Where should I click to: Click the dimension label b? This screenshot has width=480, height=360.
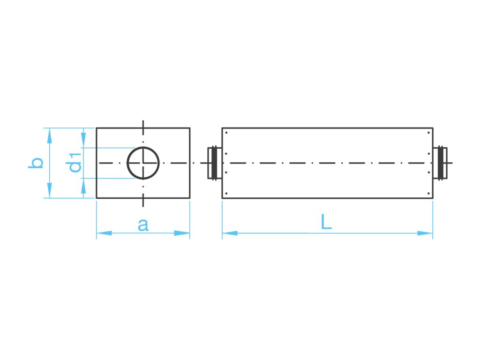click(36, 163)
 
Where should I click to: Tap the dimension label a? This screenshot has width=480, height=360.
click(143, 225)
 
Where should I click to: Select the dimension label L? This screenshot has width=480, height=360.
click(326, 222)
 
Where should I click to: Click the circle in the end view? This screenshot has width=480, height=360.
click(143, 163)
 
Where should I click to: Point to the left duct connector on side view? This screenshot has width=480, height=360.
click(213, 163)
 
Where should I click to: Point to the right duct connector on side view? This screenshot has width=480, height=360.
click(441, 163)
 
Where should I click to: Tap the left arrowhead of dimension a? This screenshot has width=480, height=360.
click(104, 233)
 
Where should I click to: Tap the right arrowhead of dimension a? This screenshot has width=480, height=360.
click(182, 233)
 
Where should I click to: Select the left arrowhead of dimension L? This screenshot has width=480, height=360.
click(230, 233)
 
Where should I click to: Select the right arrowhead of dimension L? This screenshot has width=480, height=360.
click(425, 233)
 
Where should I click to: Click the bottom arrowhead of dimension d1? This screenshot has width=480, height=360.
click(83, 186)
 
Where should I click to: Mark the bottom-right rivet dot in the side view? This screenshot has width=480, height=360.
click(429, 194)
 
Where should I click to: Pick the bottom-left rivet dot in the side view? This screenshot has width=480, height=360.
click(226, 194)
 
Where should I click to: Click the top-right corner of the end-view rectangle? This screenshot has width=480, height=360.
click(190, 127)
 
